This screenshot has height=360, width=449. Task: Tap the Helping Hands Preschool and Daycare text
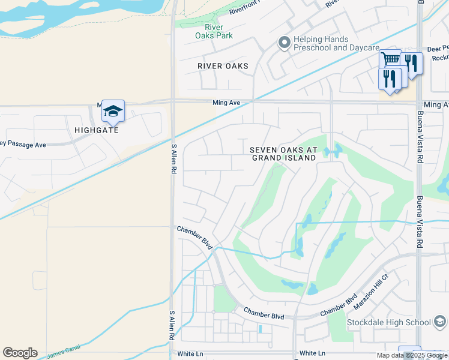click(x=336, y=43)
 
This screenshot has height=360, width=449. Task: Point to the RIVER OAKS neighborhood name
click(x=223, y=66)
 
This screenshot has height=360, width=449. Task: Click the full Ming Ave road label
click(x=226, y=103)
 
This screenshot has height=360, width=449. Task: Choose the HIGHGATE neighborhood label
click(x=97, y=130)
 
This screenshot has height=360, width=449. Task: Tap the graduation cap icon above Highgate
click(x=113, y=111)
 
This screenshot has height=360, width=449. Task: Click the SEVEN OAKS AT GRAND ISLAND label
click(x=283, y=154)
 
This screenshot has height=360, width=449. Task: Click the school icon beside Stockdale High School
click(x=440, y=323)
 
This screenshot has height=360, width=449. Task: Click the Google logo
click(x=20, y=353)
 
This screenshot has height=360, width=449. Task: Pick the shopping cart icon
click(x=390, y=59)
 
